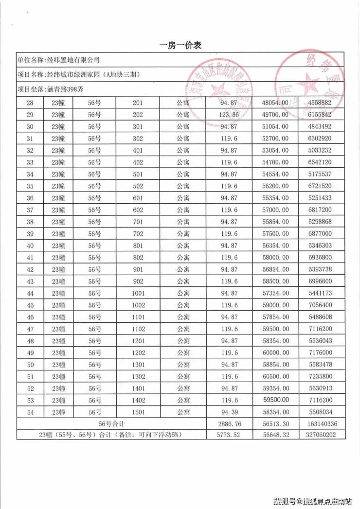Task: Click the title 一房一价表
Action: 180,45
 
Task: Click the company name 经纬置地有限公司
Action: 72,60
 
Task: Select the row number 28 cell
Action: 29,103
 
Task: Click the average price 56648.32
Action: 275,435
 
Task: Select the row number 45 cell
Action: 29,305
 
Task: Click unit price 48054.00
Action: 275,103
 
